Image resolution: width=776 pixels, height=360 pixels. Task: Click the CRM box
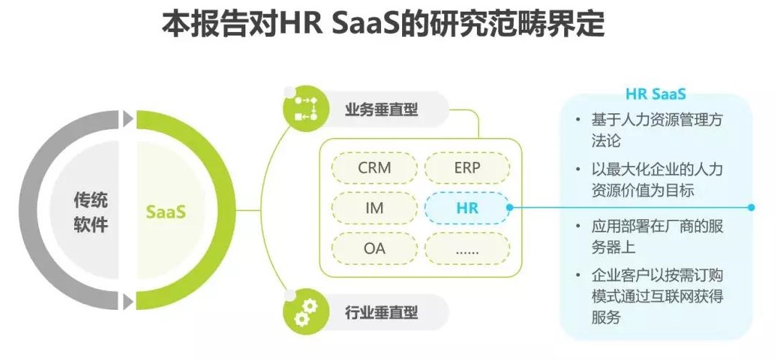375,168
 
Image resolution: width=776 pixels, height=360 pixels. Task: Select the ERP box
467,168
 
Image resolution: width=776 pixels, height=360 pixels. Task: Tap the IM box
375,208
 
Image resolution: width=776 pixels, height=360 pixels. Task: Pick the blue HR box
467,208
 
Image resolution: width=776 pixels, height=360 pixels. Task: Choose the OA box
375,248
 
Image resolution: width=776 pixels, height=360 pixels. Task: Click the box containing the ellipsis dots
467,248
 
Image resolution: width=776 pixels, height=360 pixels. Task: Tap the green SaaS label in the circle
166,212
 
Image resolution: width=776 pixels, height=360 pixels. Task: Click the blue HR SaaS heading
655,95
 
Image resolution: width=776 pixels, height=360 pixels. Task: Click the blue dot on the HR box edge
510,208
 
